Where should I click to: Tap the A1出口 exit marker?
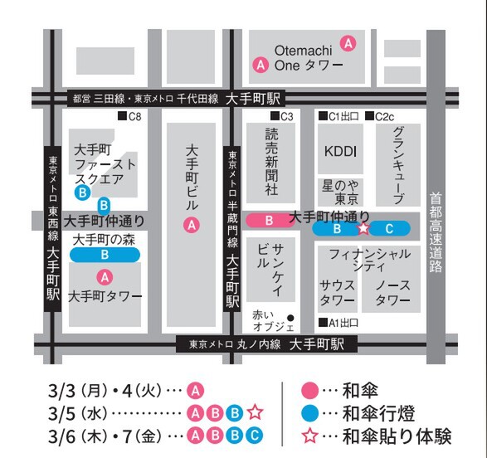[x=338, y=322]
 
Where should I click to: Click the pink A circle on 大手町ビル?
[x=192, y=223]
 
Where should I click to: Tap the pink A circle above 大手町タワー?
[x=105, y=277]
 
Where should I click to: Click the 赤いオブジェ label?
[x=267, y=320]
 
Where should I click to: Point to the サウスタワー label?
[x=338, y=291]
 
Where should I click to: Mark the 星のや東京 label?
[x=340, y=192]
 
